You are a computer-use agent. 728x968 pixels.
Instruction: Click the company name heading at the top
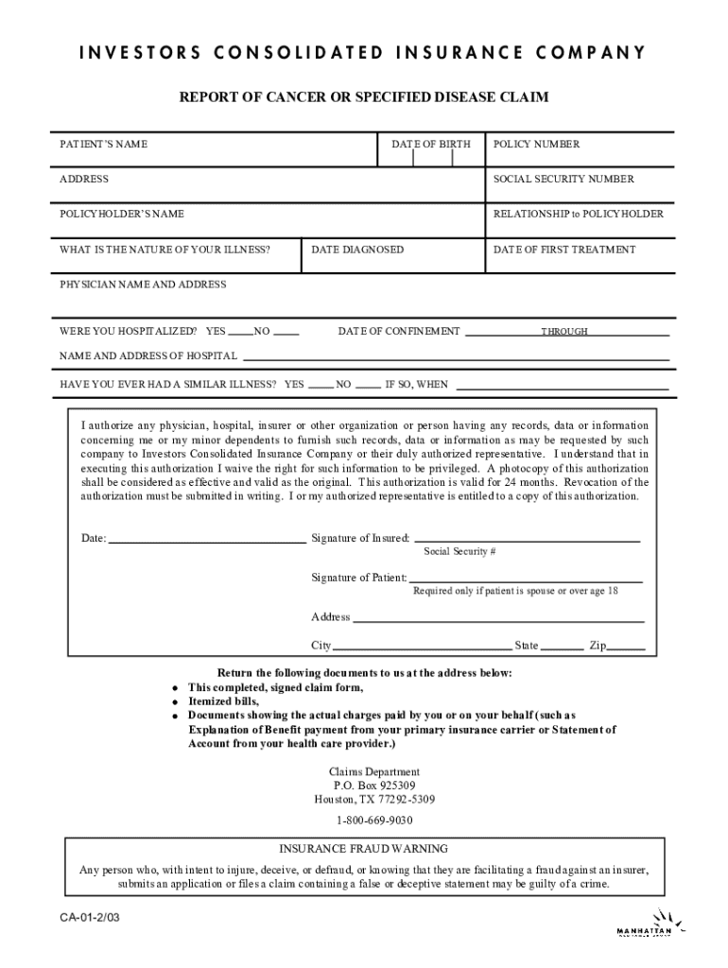tap(364, 52)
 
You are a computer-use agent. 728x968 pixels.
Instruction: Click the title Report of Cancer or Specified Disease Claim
tap(364, 97)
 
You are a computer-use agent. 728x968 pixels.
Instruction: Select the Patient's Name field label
tap(104, 145)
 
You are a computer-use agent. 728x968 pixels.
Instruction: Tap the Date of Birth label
tap(431, 145)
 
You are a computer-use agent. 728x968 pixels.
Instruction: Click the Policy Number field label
tap(536, 145)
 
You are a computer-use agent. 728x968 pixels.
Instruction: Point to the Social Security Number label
tap(563, 180)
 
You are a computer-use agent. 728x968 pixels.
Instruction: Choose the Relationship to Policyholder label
tap(578, 215)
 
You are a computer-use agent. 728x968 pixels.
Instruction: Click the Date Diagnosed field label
tap(357, 250)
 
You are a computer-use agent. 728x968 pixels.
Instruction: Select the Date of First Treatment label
tap(564, 250)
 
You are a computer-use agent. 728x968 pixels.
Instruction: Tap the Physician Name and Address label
tap(143, 285)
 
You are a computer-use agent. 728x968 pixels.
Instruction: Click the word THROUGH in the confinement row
tap(564, 332)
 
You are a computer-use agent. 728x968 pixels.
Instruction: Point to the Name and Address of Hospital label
tap(148, 356)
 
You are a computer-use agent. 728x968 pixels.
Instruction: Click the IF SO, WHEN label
tap(416, 386)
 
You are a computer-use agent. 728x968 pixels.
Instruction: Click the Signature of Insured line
tap(527, 539)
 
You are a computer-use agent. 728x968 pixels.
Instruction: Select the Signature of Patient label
tap(359, 578)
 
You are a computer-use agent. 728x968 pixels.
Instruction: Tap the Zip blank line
tap(626, 650)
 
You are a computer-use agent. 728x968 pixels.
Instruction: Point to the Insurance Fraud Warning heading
tap(364, 849)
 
